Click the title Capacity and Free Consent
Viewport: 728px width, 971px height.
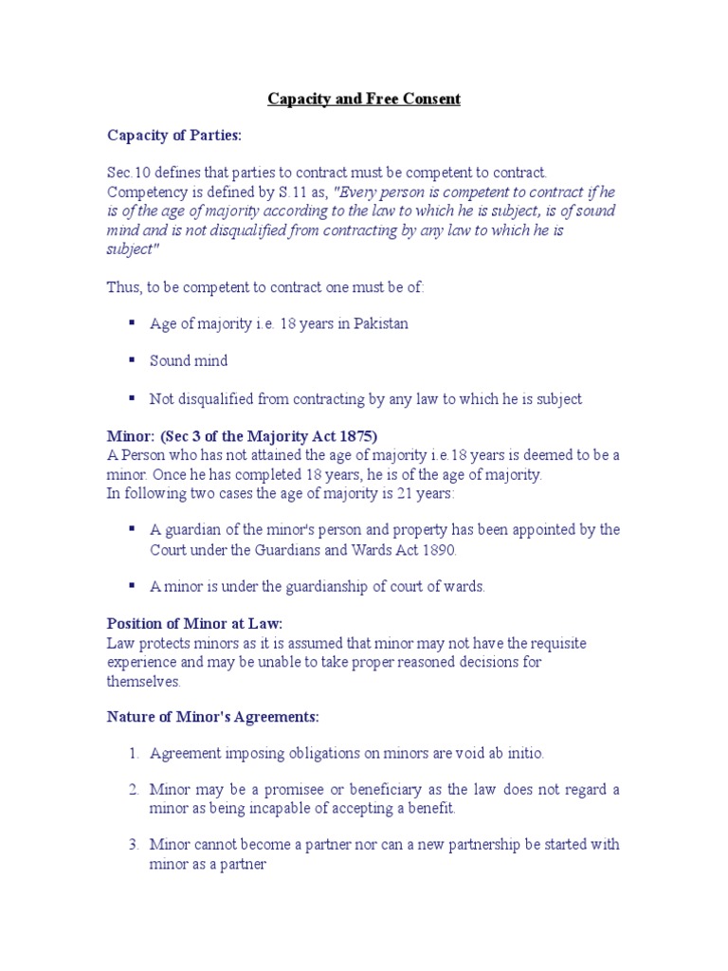point(364,100)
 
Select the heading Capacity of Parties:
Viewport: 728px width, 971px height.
point(174,137)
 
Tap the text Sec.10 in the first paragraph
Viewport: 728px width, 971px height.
point(126,173)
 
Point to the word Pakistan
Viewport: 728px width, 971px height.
point(381,324)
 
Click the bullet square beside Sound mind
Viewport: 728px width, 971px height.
point(130,360)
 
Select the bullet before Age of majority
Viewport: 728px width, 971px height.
point(130,323)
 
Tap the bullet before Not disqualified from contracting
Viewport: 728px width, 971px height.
point(130,398)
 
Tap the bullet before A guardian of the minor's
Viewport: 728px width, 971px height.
point(130,528)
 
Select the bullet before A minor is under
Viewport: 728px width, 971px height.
point(130,585)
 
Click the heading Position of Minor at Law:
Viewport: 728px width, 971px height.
point(195,623)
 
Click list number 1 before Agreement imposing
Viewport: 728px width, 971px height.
point(133,753)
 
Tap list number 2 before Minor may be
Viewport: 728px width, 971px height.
point(133,789)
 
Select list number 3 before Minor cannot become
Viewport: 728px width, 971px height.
point(133,844)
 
